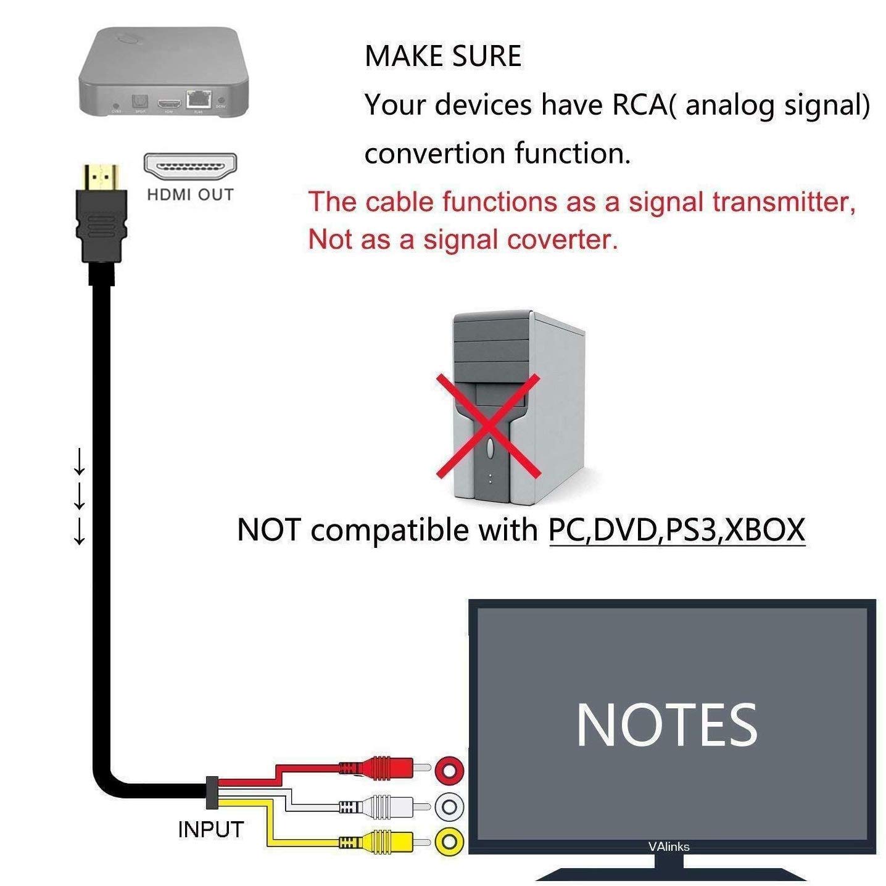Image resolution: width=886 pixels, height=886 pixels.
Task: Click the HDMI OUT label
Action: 190,195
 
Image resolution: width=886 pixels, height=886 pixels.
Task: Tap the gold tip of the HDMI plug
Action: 101,177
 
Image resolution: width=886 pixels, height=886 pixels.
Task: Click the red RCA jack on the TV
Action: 449,770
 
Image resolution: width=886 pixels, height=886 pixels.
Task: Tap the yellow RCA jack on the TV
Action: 449,842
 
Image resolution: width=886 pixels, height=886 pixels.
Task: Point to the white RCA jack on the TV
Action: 449,806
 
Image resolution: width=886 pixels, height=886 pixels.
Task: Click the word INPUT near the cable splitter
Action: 210,830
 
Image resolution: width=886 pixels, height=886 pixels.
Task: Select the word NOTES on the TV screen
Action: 666,726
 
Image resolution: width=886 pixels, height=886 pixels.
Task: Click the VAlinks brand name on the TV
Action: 668,847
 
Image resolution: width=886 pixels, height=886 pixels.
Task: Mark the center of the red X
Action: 489,426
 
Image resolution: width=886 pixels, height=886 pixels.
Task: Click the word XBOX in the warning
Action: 765,530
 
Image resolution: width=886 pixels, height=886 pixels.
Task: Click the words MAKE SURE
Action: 442,57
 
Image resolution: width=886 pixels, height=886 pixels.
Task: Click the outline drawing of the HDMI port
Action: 190,167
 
